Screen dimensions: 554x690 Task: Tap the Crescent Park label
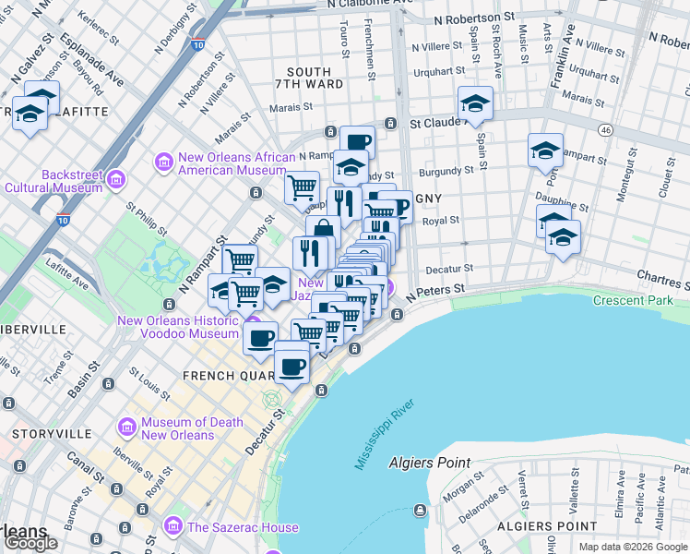click(632, 301)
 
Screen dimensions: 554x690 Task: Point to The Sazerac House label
click(243, 527)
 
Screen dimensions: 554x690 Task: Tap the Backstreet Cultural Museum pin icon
click(115, 178)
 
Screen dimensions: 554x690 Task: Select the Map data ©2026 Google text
click(633, 547)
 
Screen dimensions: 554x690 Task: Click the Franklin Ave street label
click(562, 56)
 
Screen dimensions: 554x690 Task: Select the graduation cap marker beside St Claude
click(475, 103)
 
